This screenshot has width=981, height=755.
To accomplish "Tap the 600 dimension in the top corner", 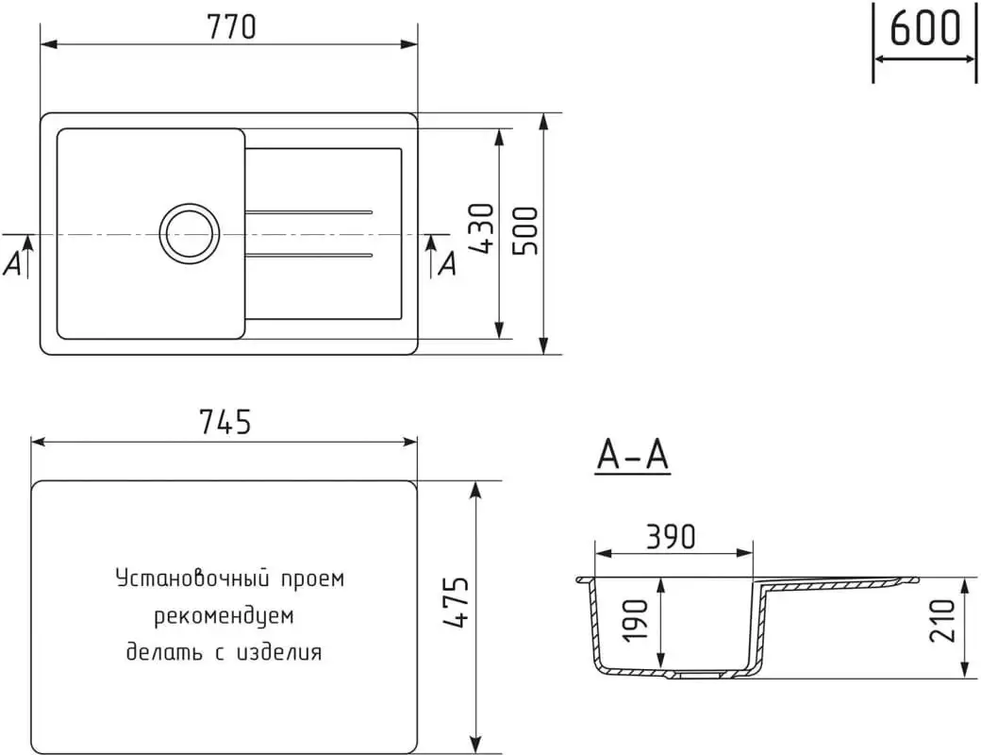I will click(x=924, y=28).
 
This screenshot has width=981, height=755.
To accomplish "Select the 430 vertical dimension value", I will click(x=482, y=228).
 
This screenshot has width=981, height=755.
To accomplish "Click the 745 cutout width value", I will click(x=224, y=422).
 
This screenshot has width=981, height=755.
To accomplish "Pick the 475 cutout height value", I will click(x=456, y=603).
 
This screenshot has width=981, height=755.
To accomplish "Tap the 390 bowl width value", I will click(x=672, y=535).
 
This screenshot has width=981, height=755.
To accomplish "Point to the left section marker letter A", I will click(x=12, y=266).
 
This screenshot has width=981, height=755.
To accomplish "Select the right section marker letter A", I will click(x=447, y=265).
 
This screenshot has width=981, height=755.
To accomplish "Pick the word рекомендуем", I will click(x=224, y=616).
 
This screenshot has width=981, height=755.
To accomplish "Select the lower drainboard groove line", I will click(x=309, y=255).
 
